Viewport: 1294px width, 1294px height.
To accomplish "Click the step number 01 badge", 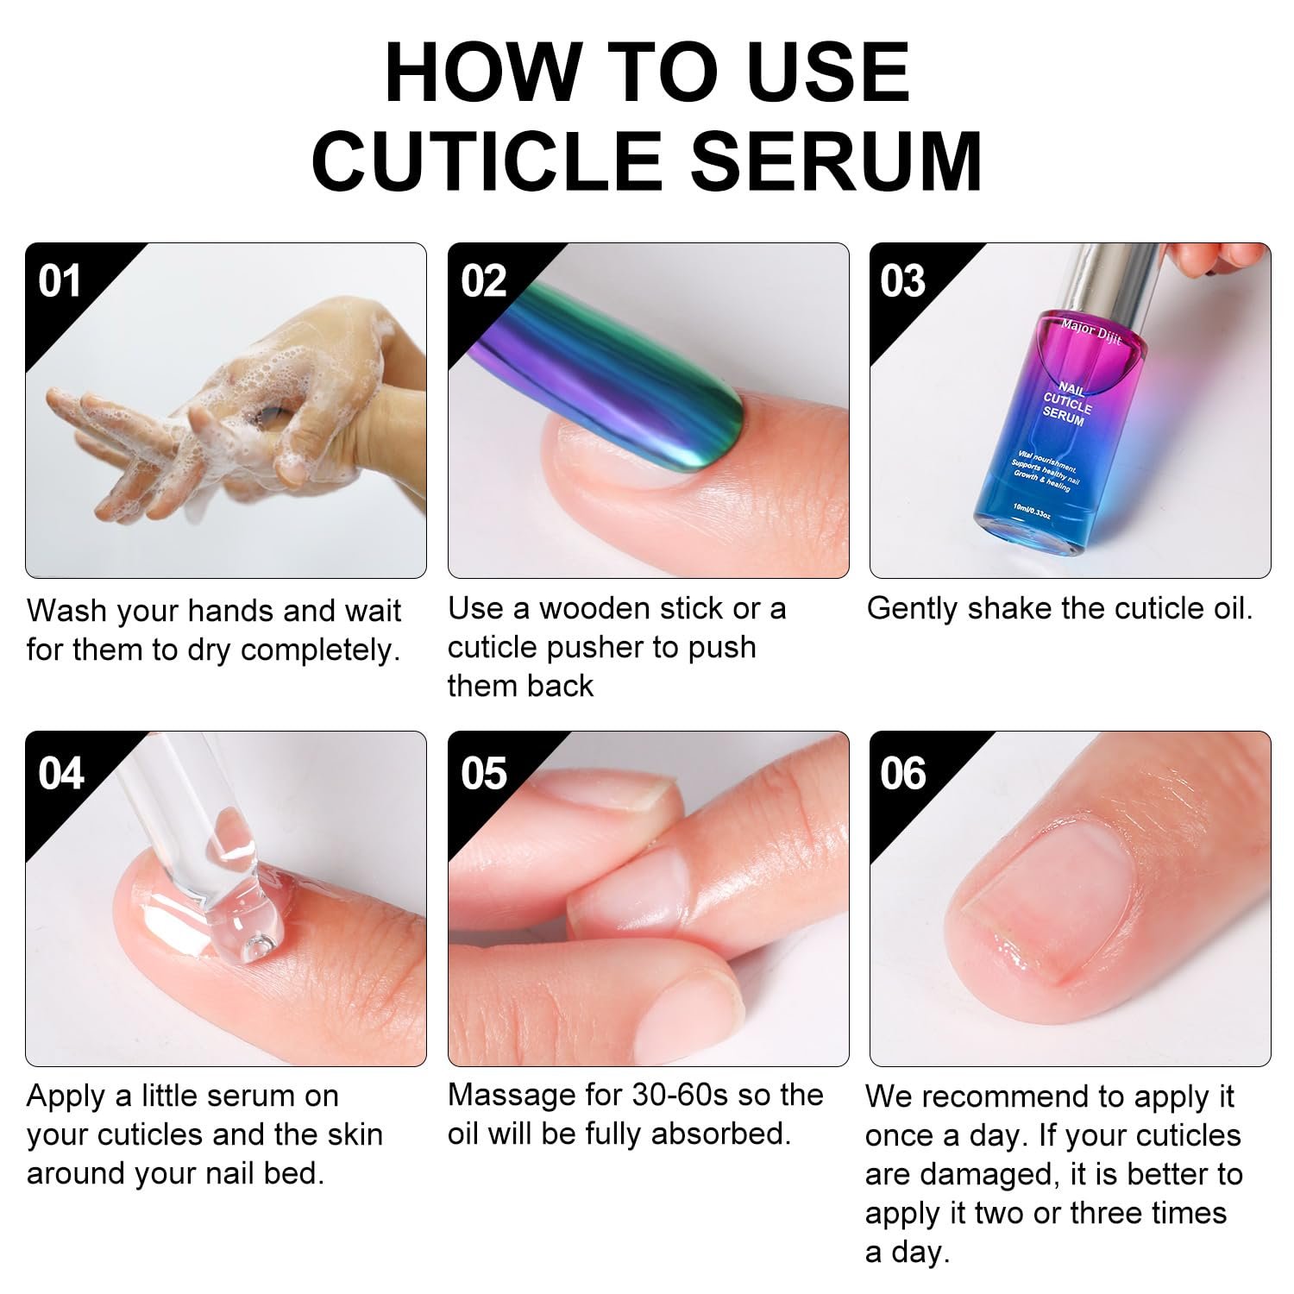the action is pyautogui.click(x=60, y=281).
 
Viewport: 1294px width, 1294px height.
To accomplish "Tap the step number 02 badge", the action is pyautogui.click(x=483, y=281).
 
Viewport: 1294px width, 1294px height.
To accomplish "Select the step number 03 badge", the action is pyautogui.click(x=903, y=281).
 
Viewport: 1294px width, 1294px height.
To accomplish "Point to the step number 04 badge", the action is pyautogui.click(x=60, y=773).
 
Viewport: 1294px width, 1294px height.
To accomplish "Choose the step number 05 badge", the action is pyautogui.click(x=483, y=773).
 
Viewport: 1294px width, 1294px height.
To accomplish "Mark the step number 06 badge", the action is pyautogui.click(x=903, y=773).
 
